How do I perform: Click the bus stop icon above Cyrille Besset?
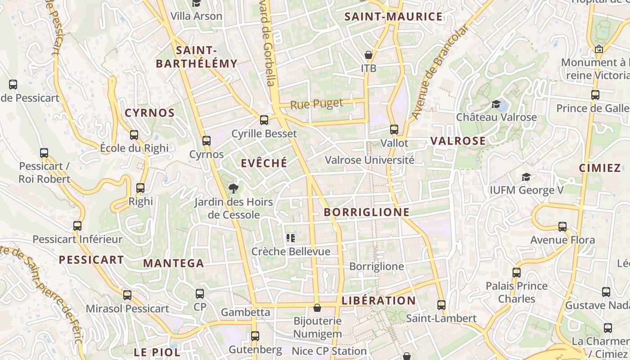pos(264,120)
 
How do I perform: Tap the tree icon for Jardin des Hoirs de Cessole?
pos(233,188)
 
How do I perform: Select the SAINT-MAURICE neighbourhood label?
pos(393,17)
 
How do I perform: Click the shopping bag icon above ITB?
pos(369,55)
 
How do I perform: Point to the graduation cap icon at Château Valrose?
pos(496,104)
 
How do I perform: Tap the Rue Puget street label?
pos(317,104)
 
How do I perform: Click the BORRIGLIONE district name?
pos(367,212)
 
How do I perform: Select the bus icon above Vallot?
pos(394,130)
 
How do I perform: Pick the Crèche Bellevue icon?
pos(291,238)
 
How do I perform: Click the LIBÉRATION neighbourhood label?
pos(378,301)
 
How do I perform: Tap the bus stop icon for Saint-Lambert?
pos(441,305)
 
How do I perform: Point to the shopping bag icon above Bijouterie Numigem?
pos(317,308)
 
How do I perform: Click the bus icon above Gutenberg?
pos(255,336)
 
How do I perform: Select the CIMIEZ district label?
pos(600,168)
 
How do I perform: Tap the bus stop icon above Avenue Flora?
pos(562,227)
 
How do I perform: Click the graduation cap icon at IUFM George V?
pos(526,177)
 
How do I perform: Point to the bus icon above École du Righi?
pos(134,135)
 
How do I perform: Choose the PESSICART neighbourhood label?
pos(91,260)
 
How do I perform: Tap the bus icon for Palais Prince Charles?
pos(517,272)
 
